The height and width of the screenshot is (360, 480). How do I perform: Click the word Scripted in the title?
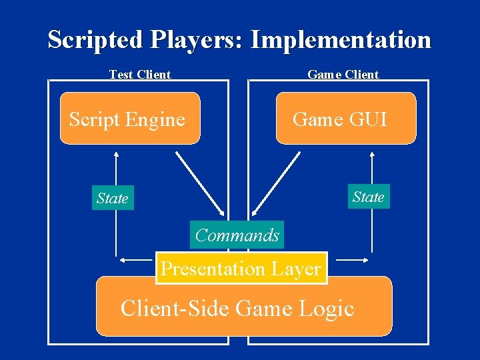tap(96, 40)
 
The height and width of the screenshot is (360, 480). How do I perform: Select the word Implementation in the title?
tap(341, 40)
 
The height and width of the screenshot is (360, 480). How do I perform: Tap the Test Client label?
tap(140, 75)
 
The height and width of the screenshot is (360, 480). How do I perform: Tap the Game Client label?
tap(343, 75)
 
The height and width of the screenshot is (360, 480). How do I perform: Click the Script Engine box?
tap(130, 119)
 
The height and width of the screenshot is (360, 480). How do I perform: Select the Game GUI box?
tap(345, 119)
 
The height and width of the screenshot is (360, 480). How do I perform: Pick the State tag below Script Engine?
tap(112, 198)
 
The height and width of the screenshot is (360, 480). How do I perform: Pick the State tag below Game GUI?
tap(368, 197)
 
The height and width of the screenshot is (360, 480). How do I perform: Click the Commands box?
tap(237, 235)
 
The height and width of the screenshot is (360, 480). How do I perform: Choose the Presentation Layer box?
tap(241, 269)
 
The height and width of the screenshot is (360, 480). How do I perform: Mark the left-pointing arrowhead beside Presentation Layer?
tap(123, 259)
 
